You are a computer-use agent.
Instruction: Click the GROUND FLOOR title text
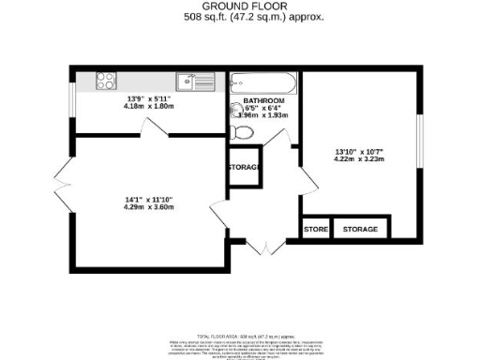pos(241,7)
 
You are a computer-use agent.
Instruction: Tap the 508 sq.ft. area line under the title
pos(241,17)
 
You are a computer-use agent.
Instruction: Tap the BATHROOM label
pos(263,100)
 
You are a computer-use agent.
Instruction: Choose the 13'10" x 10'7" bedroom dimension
pos(360,151)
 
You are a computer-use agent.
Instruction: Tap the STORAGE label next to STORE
pos(360,230)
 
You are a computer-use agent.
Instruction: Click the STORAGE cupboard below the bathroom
pos(242,168)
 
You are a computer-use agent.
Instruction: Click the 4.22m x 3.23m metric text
pos(360,159)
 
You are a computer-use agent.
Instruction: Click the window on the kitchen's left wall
pos(70,101)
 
